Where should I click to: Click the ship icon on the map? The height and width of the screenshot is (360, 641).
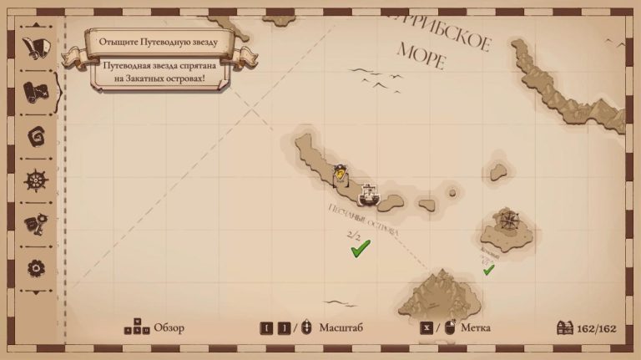pyautogui.click(x=369, y=195)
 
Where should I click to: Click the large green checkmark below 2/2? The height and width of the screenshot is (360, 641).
pyautogui.click(x=361, y=249)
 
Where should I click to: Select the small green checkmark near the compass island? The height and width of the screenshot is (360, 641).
pyautogui.click(x=488, y=269)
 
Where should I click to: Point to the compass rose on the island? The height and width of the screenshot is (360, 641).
pyautogui.click(x=508, y=221)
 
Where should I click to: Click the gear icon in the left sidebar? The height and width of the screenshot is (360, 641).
pyautogui.click(x=35, y=267)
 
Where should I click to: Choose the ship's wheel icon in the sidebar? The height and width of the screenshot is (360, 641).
pyautogui.click(x=35, y=179)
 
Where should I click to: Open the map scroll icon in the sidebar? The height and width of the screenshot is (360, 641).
pyautogui.click(x=36, y=89)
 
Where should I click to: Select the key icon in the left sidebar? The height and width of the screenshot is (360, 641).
pyautogui.click(x=35, y=224)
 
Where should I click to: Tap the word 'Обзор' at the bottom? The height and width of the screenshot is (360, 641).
pyautogui.click(x=169, y=327)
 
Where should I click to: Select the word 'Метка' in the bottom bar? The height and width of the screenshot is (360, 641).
pyautogui.click(x=475, y=327)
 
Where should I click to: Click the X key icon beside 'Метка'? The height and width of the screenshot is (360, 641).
pyautogui.click(x=426, y=327)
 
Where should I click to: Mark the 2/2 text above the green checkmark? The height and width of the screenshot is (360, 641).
pyautogui.click(x=354, y=236)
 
